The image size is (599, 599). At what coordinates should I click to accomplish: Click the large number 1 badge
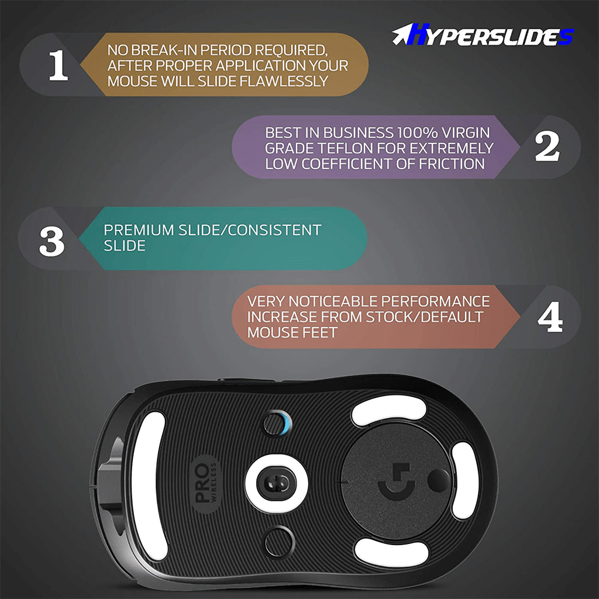pos(58,65)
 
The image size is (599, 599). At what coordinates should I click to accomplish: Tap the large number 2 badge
pos(547,146)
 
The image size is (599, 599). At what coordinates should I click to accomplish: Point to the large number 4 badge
pos(550,316)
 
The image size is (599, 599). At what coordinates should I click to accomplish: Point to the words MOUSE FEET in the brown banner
pos(292,332)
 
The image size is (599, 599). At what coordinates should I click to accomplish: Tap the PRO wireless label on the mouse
pos(205,484)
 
